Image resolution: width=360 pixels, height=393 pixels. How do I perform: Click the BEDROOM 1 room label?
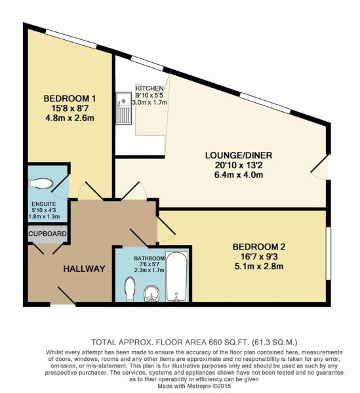[x=70, y=98]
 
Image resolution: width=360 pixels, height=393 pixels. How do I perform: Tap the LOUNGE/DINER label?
[x=239, y=155]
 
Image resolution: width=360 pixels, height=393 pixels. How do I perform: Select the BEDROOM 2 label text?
[x=259, y=247]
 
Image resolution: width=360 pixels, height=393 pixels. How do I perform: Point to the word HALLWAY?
[x=84, y=269]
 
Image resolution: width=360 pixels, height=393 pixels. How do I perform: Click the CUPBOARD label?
[x=47, y=234]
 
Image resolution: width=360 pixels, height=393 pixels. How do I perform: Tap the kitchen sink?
[x=123, y=108]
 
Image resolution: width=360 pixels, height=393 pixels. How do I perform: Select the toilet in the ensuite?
[x=41, y=183]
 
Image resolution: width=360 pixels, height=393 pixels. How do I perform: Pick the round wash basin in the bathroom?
[x=151, y=293]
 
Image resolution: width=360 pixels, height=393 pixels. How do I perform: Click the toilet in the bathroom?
[x=130, y=289]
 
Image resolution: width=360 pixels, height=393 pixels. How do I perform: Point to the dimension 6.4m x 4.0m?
[x=239, y=175]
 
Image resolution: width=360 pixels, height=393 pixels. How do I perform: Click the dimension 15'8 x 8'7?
[x=70, y=108]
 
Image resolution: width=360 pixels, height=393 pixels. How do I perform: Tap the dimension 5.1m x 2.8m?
[x=259, y=266]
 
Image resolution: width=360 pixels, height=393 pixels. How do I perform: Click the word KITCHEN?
[x=150, y=88]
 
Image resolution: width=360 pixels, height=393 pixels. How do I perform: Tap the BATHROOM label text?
[x=150, y=259]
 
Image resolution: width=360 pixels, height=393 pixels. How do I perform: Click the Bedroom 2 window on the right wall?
[x=328, y=253]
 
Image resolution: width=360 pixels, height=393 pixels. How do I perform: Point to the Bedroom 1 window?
[x=71, y=39]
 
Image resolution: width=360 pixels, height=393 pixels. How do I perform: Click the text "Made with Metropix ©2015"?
[x=194, y=386]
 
